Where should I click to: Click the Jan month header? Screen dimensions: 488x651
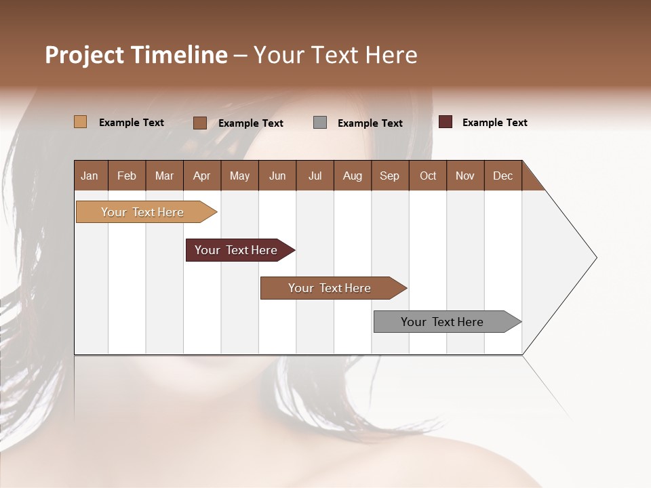(x=90, y=176)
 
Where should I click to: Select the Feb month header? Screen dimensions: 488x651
(x=127, y=176)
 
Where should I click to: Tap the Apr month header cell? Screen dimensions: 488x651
(x=201, y=176)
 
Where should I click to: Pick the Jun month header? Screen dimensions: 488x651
(x=277, y=176)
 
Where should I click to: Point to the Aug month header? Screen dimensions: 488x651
(x=352, y=176)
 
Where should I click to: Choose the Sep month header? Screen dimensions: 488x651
(x=389, y=176)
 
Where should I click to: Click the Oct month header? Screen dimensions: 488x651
(x=428, y=176)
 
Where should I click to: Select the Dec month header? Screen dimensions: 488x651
(x=502, y=176)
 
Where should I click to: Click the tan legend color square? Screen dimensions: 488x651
(x=80, y=122)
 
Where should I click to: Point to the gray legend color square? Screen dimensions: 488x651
(x=320, y=123)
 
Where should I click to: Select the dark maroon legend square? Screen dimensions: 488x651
(x=446, y=122)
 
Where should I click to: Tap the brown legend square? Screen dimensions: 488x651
(x=200, y=123)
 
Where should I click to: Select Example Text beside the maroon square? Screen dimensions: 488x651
(x=494, y=123)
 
